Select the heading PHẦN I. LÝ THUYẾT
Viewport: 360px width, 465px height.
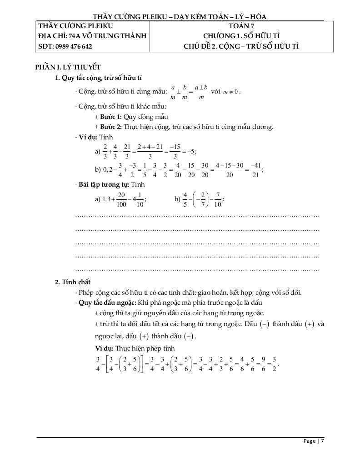[68, 67]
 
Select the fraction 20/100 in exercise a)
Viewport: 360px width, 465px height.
[121, 199]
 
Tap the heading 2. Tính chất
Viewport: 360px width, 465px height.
[73, 282]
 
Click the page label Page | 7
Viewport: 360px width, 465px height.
[314, 441]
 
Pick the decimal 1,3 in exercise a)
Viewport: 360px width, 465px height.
[107, 199]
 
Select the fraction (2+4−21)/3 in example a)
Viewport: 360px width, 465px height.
[149, 152]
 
